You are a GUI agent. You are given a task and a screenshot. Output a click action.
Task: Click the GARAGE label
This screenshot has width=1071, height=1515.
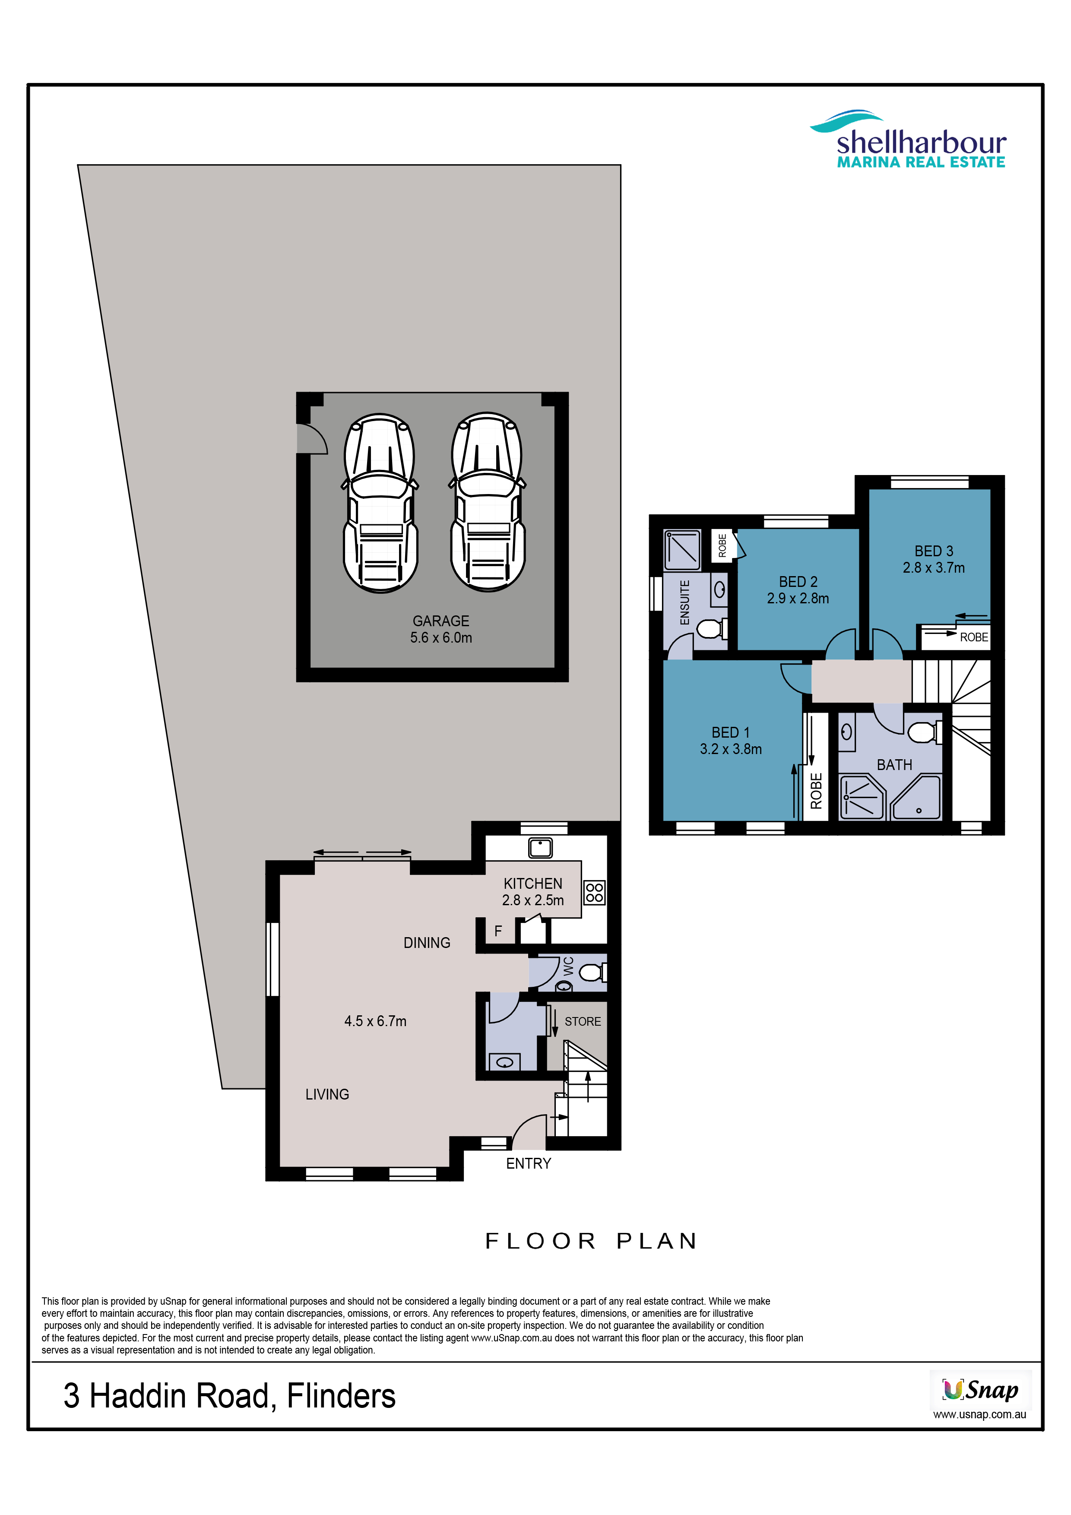click(x=441, y=621)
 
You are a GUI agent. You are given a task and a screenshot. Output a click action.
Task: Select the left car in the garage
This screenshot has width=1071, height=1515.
click(x=380, y=503)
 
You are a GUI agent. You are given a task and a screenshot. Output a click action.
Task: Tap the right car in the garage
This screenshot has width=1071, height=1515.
click(x=488, y=502)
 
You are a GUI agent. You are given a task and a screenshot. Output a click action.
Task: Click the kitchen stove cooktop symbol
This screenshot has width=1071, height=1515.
click(x=595, y=893)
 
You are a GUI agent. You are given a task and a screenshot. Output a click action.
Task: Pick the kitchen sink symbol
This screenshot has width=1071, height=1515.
click(x=540, y=847)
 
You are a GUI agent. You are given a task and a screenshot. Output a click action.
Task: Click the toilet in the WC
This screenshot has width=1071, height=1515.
click(x=593, y=972)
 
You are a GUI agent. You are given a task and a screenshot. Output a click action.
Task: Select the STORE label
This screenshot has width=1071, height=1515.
click(x=583, y=1021)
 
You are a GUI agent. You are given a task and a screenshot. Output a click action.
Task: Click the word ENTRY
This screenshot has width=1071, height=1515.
click(x=529, y=1163)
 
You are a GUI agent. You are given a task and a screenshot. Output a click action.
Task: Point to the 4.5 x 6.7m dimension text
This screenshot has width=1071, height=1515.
click(x=375, y=1021)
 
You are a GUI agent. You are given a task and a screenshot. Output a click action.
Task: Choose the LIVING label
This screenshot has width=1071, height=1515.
click(x=327, y=1094)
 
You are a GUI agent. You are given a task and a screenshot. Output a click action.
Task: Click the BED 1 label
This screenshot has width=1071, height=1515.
click(x=731, y=732)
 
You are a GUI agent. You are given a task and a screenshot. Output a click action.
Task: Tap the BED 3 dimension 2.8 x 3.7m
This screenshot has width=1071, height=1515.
click(x=934, y=567)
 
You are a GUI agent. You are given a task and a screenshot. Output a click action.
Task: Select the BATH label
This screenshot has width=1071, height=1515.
click(x=894, y=765)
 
